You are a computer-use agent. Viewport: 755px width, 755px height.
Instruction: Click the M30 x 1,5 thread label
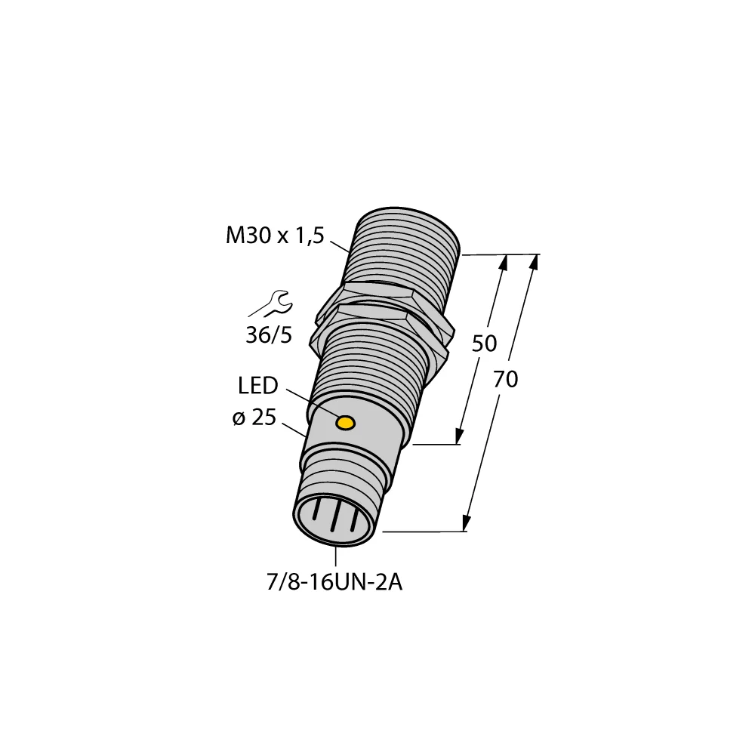[275, 236]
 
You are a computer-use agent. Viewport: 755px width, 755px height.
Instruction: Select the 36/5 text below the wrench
[268, 335]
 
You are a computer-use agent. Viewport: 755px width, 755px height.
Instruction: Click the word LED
[257, 387]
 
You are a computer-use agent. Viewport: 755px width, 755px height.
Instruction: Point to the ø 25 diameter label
[254, 419]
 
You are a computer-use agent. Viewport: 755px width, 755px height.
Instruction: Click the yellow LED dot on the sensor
[346, 423]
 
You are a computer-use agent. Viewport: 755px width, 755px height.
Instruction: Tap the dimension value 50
[484, 344]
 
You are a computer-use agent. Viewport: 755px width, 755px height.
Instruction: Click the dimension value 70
[505, 380]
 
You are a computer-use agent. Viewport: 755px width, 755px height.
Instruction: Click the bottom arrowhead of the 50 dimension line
[458, 437]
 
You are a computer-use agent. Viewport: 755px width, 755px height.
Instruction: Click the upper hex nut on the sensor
[377, 294]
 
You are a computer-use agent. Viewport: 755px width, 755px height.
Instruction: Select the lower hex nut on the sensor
[385, 321]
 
